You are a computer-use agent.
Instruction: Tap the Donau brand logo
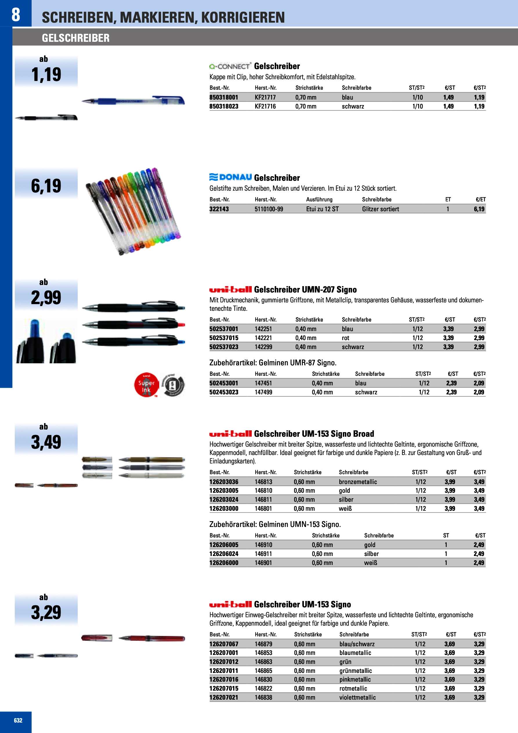point(231,177)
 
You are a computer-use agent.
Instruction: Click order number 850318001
point(224,98)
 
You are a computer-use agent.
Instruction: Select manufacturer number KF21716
point(265,106)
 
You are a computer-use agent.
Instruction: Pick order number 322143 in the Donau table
point(219,209)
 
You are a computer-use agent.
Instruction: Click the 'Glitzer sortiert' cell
point(381,209)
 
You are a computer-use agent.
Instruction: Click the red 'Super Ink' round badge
point(146,385)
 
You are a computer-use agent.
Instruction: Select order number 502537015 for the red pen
point(224,338)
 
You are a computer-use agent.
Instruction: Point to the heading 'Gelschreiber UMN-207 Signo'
point(305,290)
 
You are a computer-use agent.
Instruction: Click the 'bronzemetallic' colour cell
point(358,482)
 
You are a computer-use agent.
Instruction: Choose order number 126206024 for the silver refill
point(224,554)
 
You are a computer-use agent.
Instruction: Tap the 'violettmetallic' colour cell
point(357,697)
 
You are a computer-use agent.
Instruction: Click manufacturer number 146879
point(263,644)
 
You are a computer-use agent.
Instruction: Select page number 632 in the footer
point(18,720)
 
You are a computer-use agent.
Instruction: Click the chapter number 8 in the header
point(16,15)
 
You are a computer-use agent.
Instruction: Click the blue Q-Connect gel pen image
point(133,101)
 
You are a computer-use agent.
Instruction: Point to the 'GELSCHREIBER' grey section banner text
point(76,38)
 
